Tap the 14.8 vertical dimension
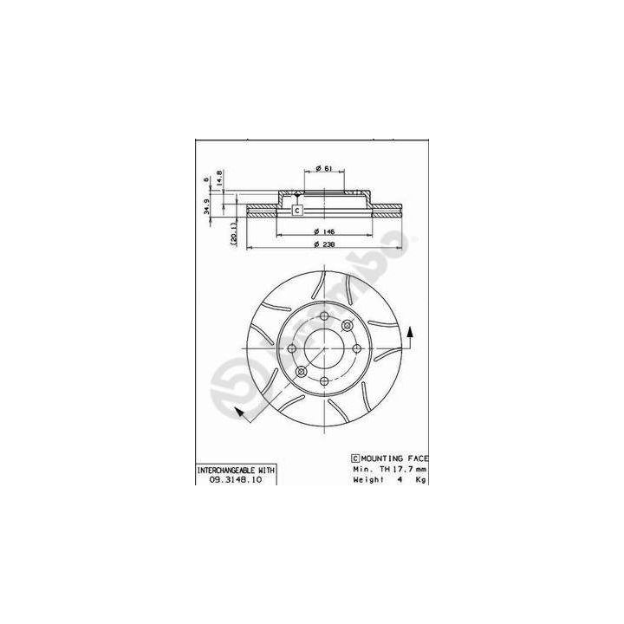(x=220, y=179)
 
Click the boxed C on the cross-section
(x=296, y=211)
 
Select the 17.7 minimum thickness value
(x=398, y=468)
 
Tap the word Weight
(x=368, y=478)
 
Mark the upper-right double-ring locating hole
(x=346, y=325)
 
